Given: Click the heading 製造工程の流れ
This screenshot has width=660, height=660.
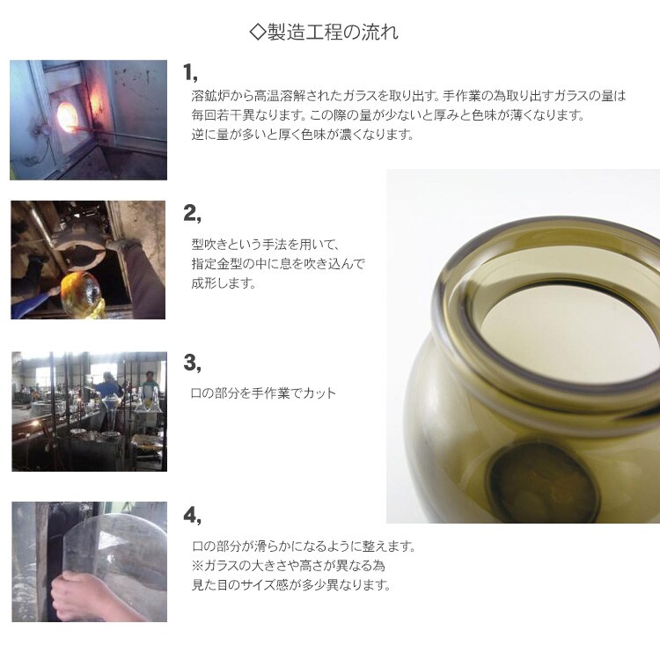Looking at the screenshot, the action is (333, 32).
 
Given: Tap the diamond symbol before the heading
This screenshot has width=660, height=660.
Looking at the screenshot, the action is (257, 32).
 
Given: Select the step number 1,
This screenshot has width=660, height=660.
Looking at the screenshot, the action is (190, 72).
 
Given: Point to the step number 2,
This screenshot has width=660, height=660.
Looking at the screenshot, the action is (192, 214).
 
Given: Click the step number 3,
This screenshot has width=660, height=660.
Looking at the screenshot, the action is (192, 363).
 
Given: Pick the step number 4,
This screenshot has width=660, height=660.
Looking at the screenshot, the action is (192, 515).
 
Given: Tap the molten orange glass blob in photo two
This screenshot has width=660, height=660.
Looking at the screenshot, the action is (81, 294).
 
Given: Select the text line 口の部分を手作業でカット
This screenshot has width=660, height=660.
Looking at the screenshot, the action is (263, 393).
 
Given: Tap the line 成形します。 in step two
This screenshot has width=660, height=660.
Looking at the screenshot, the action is (224, 283).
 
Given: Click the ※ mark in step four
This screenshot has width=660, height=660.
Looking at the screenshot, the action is (197, 565).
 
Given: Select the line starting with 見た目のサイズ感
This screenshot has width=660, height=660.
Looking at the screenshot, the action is (291, 584).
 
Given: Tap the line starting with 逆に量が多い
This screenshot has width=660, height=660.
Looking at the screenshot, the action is (303, 135).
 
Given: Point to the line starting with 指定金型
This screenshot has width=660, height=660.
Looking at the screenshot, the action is (278, 264).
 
